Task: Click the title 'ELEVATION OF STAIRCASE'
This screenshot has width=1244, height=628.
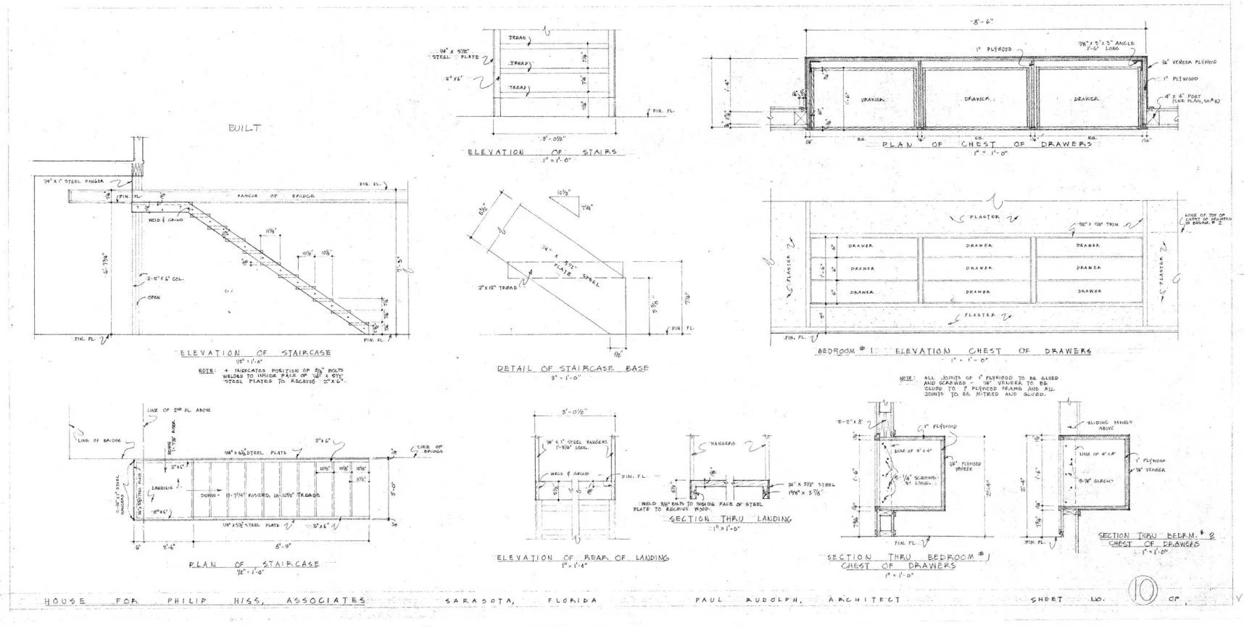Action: point(254,353)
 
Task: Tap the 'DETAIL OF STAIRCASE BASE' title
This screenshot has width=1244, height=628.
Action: point(573,368)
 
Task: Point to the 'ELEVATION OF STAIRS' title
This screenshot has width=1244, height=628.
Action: point(542,152)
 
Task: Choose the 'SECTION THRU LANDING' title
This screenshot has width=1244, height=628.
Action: point(729,519)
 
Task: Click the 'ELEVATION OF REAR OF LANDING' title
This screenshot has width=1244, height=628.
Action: point(582,557)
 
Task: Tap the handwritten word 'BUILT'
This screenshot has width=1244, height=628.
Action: point(244,128)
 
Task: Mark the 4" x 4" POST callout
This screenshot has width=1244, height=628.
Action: point(1189,98)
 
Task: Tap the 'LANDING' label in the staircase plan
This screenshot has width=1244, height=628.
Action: point(162,487)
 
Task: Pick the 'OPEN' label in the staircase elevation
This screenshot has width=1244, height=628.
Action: point(154,297)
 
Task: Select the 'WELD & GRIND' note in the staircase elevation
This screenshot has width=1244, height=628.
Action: point(163,220)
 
